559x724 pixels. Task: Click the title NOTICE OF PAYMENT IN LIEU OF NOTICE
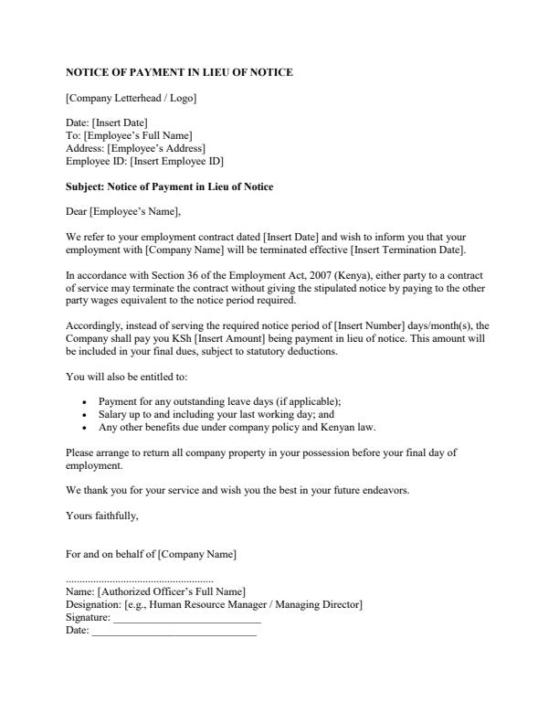point(179,72)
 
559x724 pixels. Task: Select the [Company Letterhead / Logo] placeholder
point(131,98)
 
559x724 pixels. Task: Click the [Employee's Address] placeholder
point(156,148)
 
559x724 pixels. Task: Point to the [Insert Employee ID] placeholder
point(176,161)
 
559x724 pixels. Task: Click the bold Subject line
point(169,186)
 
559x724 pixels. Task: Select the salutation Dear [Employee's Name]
point(123,212)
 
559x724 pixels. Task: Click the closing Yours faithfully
point(102,516)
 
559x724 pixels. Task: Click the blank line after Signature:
point(186,619)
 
